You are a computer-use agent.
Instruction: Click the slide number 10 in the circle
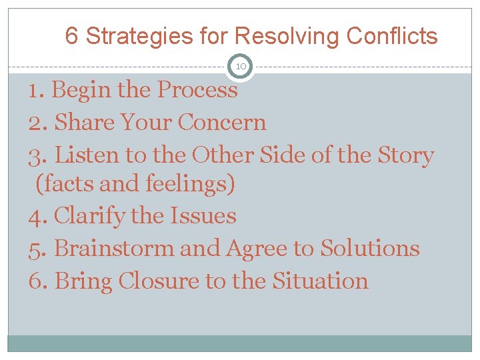(x=241, y=67)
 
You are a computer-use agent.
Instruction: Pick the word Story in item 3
(x=405, y=155)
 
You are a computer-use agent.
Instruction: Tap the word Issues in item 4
(x=203, y=216)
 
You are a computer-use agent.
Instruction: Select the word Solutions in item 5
(x=370, y=249)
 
